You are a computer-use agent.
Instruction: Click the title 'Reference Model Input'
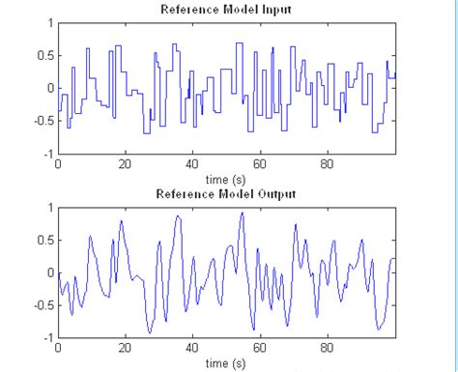(x=226, y=10)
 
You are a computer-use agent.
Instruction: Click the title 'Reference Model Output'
(x=226, y=194)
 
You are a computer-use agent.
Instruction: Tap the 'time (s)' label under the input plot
(x=226, y=179)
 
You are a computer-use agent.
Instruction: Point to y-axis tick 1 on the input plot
(x=49, y=22)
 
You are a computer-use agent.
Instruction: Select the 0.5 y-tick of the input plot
(x=44, y=54)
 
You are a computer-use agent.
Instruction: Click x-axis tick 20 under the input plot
(x=125, y=165)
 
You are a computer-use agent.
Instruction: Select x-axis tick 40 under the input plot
(x=192, y=165)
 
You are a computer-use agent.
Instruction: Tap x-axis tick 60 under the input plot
(x=259, y=165)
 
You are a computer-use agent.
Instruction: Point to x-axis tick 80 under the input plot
(x=327, y=165)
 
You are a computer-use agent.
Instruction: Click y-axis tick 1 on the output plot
(x=49, y=207)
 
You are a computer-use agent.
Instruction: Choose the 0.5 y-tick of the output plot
(x=44, y=240)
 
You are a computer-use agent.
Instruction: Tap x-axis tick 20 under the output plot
(x=125, y=349)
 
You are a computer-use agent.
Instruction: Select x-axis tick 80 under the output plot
(x=327, y=349)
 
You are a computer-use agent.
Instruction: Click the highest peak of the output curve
(x=242, y=214)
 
